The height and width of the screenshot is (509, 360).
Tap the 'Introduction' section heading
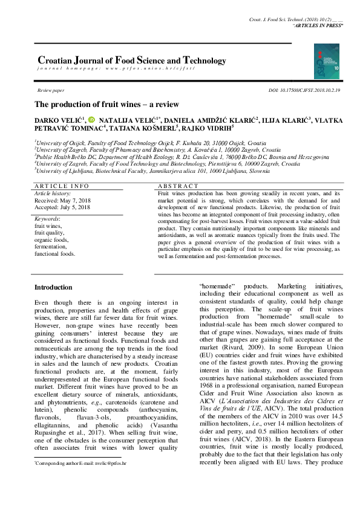[53, 287]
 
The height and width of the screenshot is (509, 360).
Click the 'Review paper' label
[50, 90]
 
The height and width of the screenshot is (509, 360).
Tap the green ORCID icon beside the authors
[91, 120]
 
